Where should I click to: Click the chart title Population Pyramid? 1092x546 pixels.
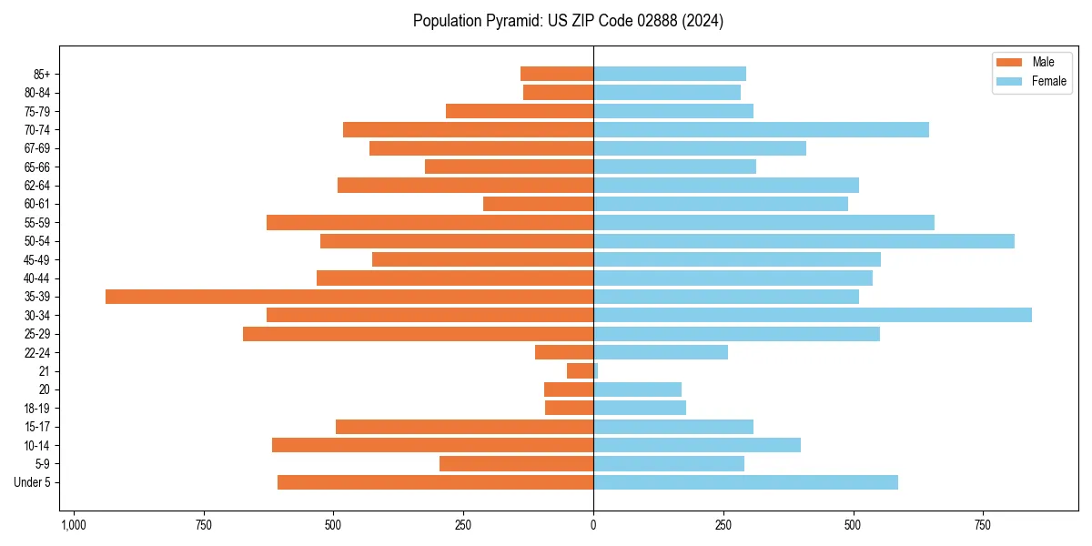[x=568, y=21]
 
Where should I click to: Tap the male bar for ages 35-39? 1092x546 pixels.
[x=349, y=297]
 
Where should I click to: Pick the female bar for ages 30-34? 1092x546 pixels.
[x=813, y=315]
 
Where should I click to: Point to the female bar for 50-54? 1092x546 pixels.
[x=804, y=241]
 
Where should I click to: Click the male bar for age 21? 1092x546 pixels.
[x=580, y=371]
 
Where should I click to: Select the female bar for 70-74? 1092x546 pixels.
[x=761, y=130]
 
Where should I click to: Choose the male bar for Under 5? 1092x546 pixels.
[x=435, y=482]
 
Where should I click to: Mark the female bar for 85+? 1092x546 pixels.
[x=670, y=74]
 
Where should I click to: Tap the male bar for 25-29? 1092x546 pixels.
[x=418, y=334]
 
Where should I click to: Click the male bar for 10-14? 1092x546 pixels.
[x=432, y=445]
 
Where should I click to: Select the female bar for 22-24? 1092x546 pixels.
[x=661, y=352]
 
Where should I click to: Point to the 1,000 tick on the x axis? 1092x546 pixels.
[x=74, y=525]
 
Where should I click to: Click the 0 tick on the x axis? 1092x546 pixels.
[x=593, y=525]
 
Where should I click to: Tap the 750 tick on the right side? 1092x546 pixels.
[x=983, y=525]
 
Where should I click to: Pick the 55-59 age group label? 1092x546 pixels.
[x=37, y=223]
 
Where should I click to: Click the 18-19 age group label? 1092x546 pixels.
[x=37, y=409]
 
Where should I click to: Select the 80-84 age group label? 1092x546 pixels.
[x=37, y=93]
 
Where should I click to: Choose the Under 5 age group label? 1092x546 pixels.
[x=33, y=482]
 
